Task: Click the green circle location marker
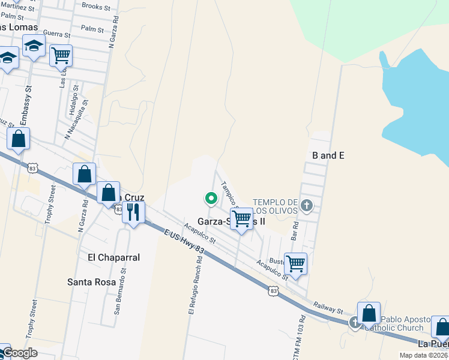coord(211,197)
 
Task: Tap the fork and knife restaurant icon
coord(133,212)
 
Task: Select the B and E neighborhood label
coord(328,155)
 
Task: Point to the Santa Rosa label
coord(91,281)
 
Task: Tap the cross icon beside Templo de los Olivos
coord(307,206)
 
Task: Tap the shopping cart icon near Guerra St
coord(61,55)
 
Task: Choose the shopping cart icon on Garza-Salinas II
coord(241,219)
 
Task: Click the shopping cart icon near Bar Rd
coord(295,263)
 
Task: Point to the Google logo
coord(20,352)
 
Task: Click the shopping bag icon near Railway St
coord(369,313)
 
